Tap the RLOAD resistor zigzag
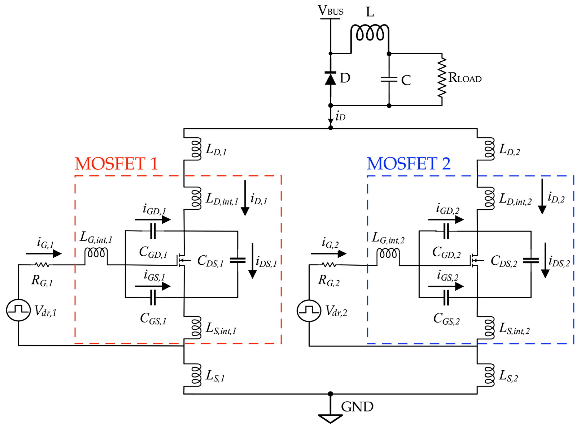[x=442, y=77]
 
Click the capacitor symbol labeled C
[x=389, y=79]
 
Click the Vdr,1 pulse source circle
[x=18, y=310]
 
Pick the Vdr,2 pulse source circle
[x=309, y=311]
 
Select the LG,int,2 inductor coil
[x=388, y=253]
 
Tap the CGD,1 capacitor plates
[x=153, y=231]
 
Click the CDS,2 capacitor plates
[x=531, y=260]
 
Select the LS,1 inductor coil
[x=196, y=375]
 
